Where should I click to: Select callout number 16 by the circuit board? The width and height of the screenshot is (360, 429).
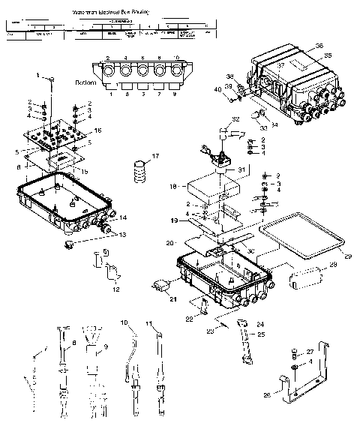[98, 130]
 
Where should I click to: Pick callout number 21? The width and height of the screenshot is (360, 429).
[172, 300]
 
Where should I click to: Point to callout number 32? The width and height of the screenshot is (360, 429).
[235, 119]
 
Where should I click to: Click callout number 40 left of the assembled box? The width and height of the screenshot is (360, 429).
[218, 89]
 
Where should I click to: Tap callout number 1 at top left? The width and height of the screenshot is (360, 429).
[40, 75]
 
